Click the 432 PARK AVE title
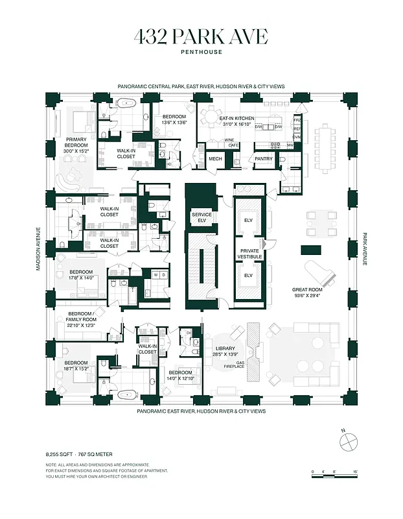[x=201, y=37]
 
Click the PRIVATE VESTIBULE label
[x=251, y=254]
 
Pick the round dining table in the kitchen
[x=211, y=117]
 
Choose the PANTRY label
[x=264, y=159]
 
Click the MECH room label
[x=215, y=159]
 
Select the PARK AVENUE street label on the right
[x=365, y=249]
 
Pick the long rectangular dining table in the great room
[x=324, y=148]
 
